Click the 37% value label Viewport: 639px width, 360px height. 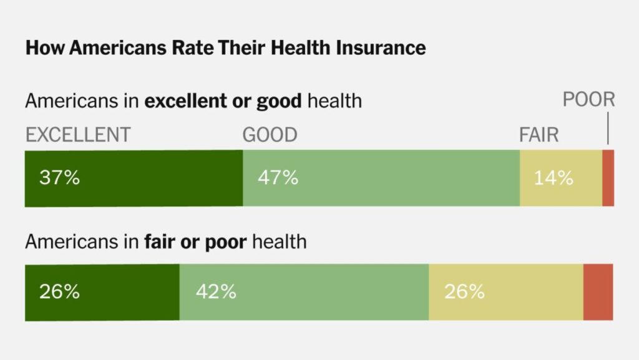click(x=59, y=178)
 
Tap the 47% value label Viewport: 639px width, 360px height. click(x=278, y=178)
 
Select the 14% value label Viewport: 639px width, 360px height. click(x=553, y=178)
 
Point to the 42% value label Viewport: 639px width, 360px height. click(x=216, y=291)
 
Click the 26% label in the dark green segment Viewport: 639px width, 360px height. click(x=59, y=291)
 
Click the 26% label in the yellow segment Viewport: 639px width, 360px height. click(x=464, y=291)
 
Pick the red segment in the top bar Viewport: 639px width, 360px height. click(x=608, y=178)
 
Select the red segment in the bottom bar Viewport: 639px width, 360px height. click(x=598, y=292)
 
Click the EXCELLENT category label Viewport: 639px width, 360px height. click(x=78, y=135)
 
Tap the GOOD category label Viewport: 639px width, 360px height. click(x=270, y=135)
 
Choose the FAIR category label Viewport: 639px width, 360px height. click(x=539, y=135)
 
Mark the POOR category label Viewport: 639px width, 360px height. click(x=588, y=100)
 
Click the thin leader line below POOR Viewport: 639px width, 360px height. click(x=608, y=131)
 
